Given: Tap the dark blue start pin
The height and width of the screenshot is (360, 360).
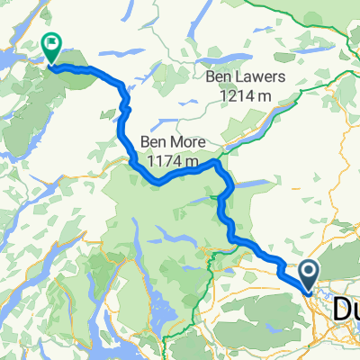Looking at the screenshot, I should (308, 274).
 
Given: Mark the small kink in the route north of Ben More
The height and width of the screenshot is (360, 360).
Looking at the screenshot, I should (126, 108).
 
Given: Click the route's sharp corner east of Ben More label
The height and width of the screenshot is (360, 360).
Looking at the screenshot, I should (217, 164).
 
